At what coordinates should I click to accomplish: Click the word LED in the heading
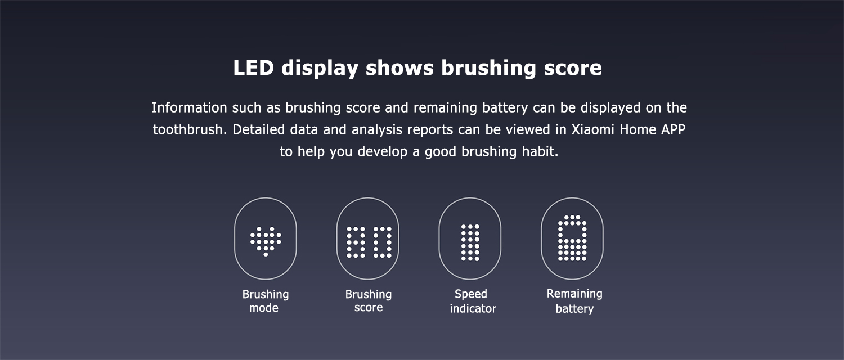[x=253, y=68]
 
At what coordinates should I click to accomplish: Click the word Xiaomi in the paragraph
[x=593, y=129]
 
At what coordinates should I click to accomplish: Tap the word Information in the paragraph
[x=189, y=107]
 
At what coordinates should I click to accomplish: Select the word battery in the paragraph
[x=505, y=108]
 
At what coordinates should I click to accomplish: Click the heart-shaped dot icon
[x=266, y=241]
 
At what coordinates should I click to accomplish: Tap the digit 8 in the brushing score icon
[x=356, y=242]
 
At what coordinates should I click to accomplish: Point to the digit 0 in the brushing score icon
[x=383, y=242]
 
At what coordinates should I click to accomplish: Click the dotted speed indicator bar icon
[x=470, y=242]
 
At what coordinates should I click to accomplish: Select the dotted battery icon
[x=572, y=237]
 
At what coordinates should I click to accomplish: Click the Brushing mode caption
[x=265, y=301]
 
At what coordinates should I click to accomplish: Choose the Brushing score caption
[x=369, y=300]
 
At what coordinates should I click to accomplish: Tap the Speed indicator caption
[x=473, y=301]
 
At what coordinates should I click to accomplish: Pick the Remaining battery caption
[x=574, y=301]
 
